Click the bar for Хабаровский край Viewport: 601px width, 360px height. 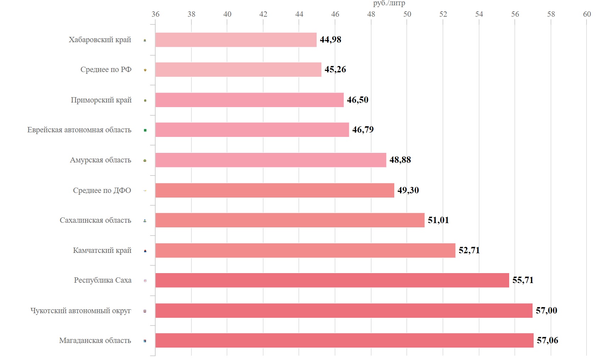[x=236, y=40]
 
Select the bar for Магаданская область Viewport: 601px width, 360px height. [x=344, y=340]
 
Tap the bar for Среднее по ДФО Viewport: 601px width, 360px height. [x=274, y=190]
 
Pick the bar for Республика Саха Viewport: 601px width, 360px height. [x=332, y=280]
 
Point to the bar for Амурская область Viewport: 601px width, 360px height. [x=271, y=160]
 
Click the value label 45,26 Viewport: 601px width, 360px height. [x=335, y=70]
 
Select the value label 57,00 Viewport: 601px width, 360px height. [x=546, y=311]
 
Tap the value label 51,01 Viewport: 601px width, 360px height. [x=438, y=220]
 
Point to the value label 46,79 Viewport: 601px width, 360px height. [x=363, y=130]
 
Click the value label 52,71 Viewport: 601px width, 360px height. [x=469, y=250]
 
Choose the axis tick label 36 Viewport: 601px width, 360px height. [x=155, y=14]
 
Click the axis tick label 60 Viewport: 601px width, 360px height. [x=587, y=14]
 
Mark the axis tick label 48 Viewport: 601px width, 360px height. [x=371, y=14]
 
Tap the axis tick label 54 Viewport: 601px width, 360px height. [x=479, y=14]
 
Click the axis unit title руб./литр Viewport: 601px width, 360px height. [x=389, y=4]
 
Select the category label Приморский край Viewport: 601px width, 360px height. [x=101, y=100]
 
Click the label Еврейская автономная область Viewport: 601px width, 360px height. [x=79, y=130]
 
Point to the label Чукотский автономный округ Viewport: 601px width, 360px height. [x=81, y=311]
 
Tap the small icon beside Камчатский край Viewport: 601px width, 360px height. [x=145, y=251]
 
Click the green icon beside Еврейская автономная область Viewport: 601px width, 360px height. [x=145, y=131]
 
